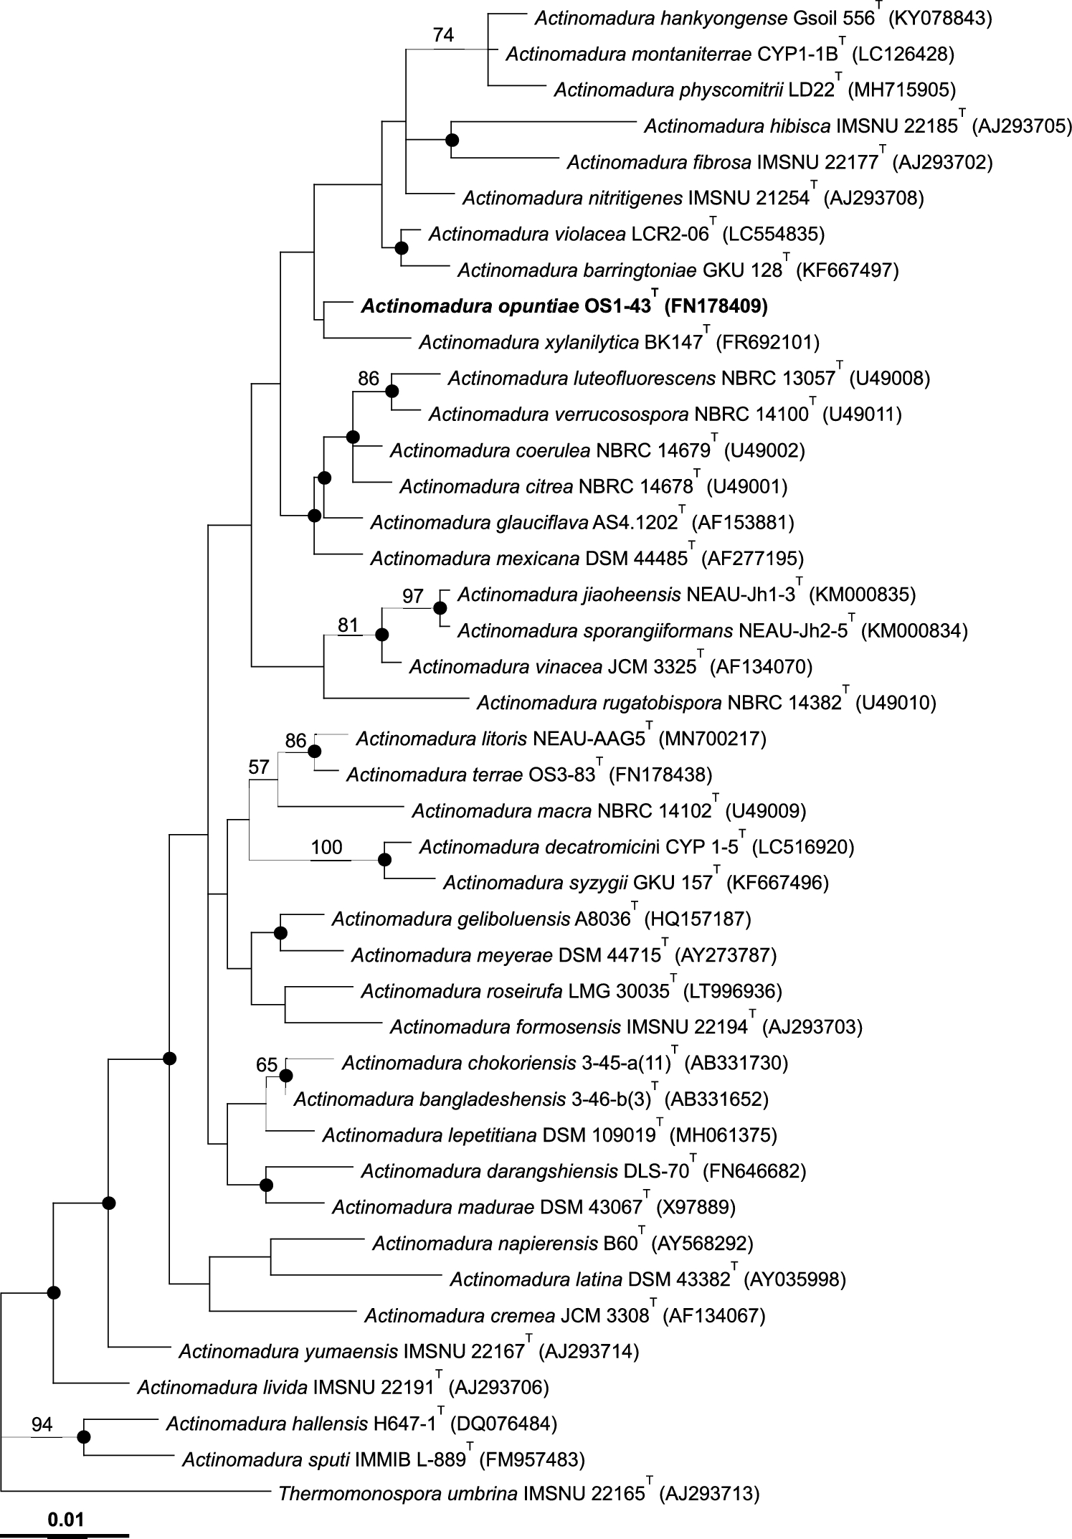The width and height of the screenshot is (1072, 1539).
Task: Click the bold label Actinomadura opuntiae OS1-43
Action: [x=506, y=307]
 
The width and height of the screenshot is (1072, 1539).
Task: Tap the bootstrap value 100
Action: [x=326, y=847]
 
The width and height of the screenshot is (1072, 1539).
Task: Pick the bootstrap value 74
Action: [x=444, y=34]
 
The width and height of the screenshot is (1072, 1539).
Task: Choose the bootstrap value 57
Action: [x=258, y=767]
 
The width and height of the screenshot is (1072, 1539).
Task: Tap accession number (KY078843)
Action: [x=940, y=18]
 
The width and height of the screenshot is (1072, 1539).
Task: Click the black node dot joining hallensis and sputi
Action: [x=84, y=1436]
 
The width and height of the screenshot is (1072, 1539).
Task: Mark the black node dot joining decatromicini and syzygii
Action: [x=385, y=859]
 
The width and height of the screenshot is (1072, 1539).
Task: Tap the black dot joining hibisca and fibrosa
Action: [x=452, y=139]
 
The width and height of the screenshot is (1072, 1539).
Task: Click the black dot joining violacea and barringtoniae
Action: [x=402, y=247]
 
